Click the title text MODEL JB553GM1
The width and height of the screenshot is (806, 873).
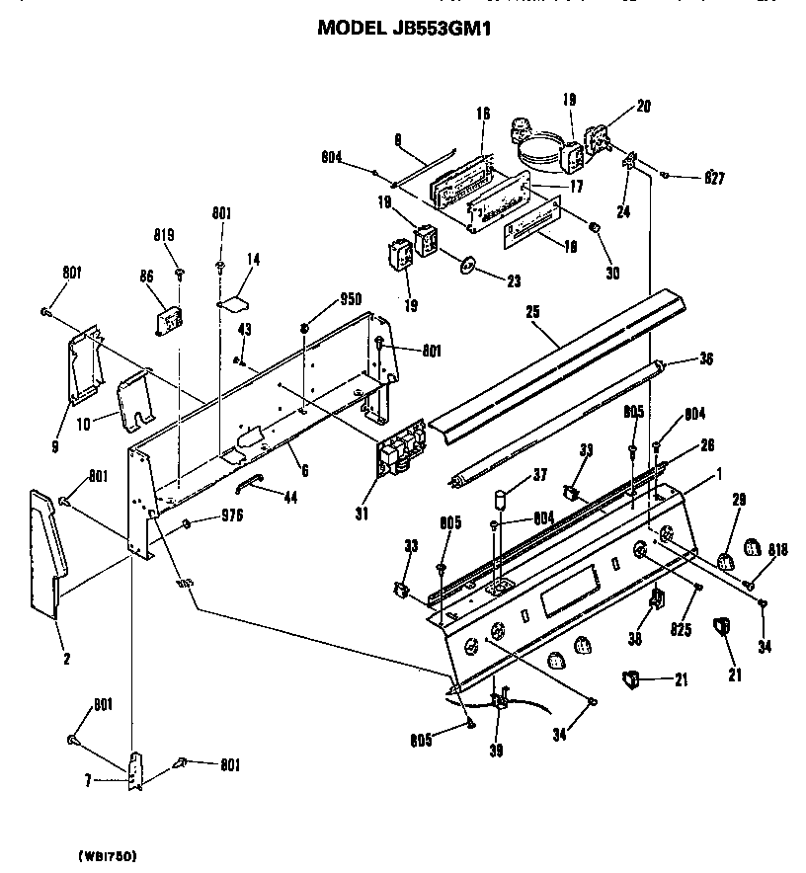[x=403, y=29]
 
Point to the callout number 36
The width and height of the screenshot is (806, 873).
[x=705, y=359]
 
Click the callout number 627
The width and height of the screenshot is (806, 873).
[x=714, y=179]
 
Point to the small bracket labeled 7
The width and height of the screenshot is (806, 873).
[x=135, y=770]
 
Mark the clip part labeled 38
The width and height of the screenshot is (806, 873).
[x=656, y=598]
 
